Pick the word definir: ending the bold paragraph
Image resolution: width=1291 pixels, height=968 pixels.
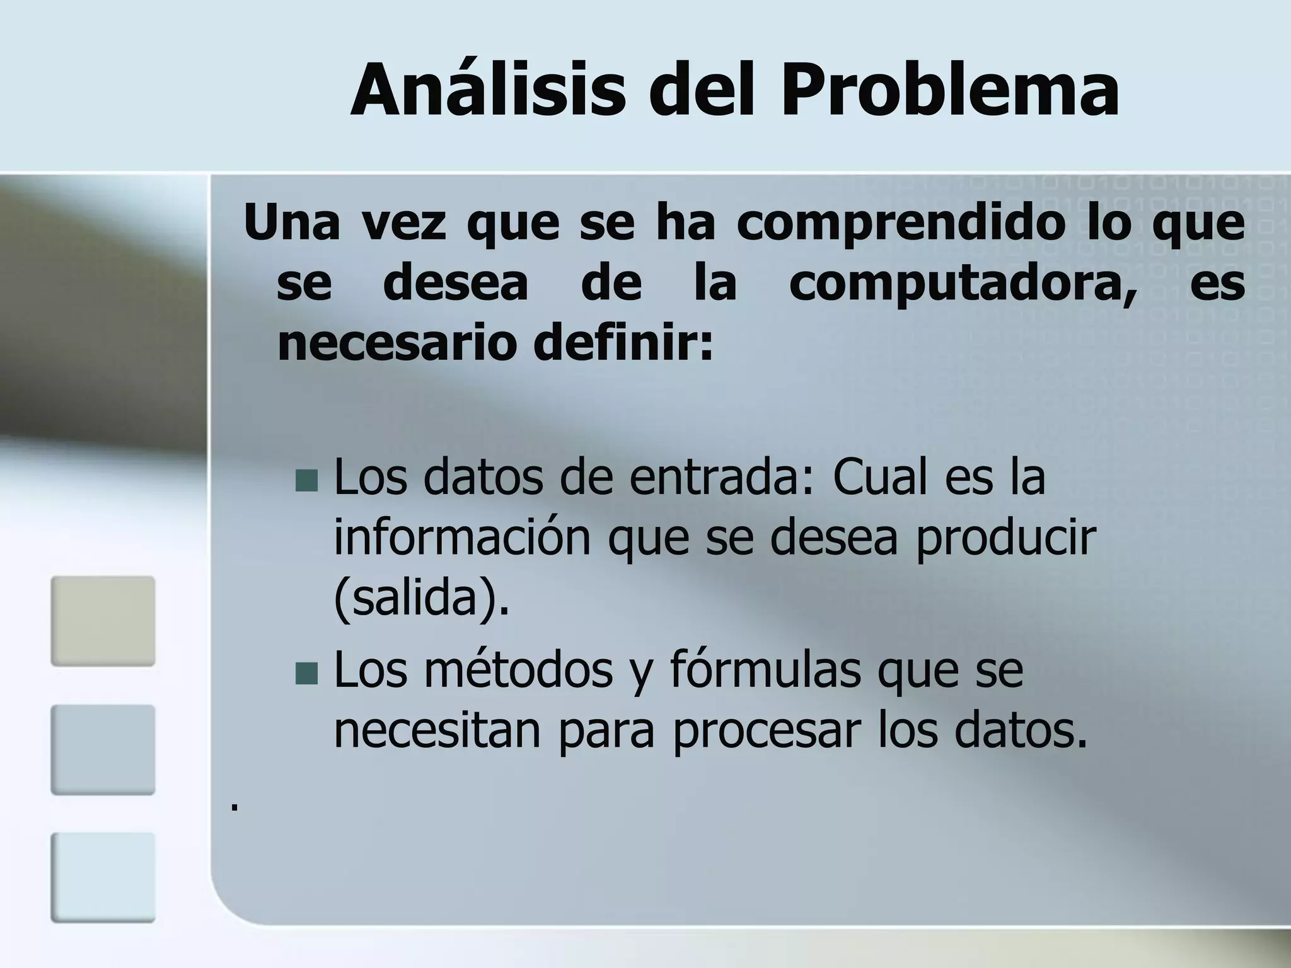[623, 343]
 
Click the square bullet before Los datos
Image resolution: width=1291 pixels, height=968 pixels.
[307, 481]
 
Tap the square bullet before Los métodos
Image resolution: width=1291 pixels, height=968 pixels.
[307, 673]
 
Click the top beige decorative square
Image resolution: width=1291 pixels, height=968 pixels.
[103, 621]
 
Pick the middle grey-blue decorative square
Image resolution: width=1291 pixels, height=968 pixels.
[103, 749]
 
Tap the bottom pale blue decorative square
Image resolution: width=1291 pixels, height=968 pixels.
[103, 877]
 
